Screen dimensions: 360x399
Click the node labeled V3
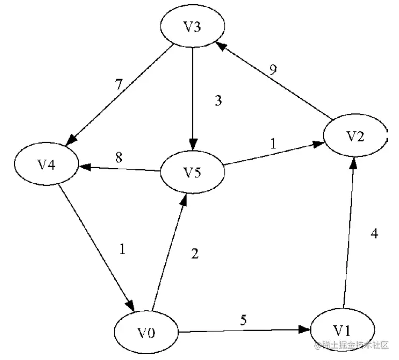(192, 27)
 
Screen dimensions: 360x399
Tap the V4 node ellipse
(47, 164)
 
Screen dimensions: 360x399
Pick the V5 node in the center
(192, 172)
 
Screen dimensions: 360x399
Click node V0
(146, 333)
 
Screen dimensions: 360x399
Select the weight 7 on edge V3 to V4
(119, 85)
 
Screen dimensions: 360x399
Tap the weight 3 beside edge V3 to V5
(218, 101)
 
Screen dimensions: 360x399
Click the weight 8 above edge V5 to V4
(119, 157)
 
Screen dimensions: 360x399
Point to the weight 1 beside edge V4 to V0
(122, 249)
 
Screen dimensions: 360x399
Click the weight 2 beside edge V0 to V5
(194, 254)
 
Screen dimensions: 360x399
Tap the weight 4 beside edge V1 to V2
(374, 233)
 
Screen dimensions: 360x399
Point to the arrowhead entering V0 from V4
(128, 306)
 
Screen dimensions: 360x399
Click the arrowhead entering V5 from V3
(192, 144)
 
